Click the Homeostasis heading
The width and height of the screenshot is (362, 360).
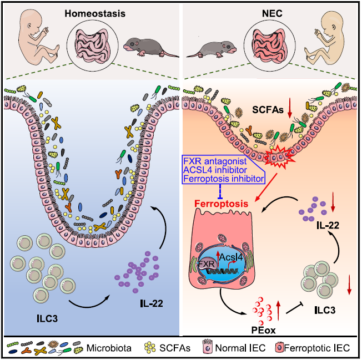pos(90,13)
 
